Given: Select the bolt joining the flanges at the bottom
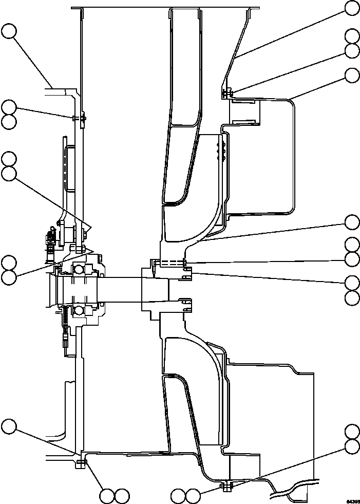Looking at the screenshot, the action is [x=226, y=486].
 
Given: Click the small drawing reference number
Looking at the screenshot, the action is [x=352, y=500].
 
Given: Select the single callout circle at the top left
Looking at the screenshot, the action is [x=9, y=31].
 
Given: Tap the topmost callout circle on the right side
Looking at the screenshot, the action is [x=352, y=8].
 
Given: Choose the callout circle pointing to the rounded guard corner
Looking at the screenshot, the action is [x=352, y=76].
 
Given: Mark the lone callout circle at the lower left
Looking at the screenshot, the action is [x=9, y=426].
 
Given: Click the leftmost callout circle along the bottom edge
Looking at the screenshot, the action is [x=107, y=496].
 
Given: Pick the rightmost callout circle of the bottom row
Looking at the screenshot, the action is [x=193, y=496].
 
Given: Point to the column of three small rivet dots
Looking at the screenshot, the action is [x=222, y=152].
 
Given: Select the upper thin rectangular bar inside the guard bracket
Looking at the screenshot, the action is [x=243, y=102].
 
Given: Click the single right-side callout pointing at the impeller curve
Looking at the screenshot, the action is [x=352, y=222].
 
